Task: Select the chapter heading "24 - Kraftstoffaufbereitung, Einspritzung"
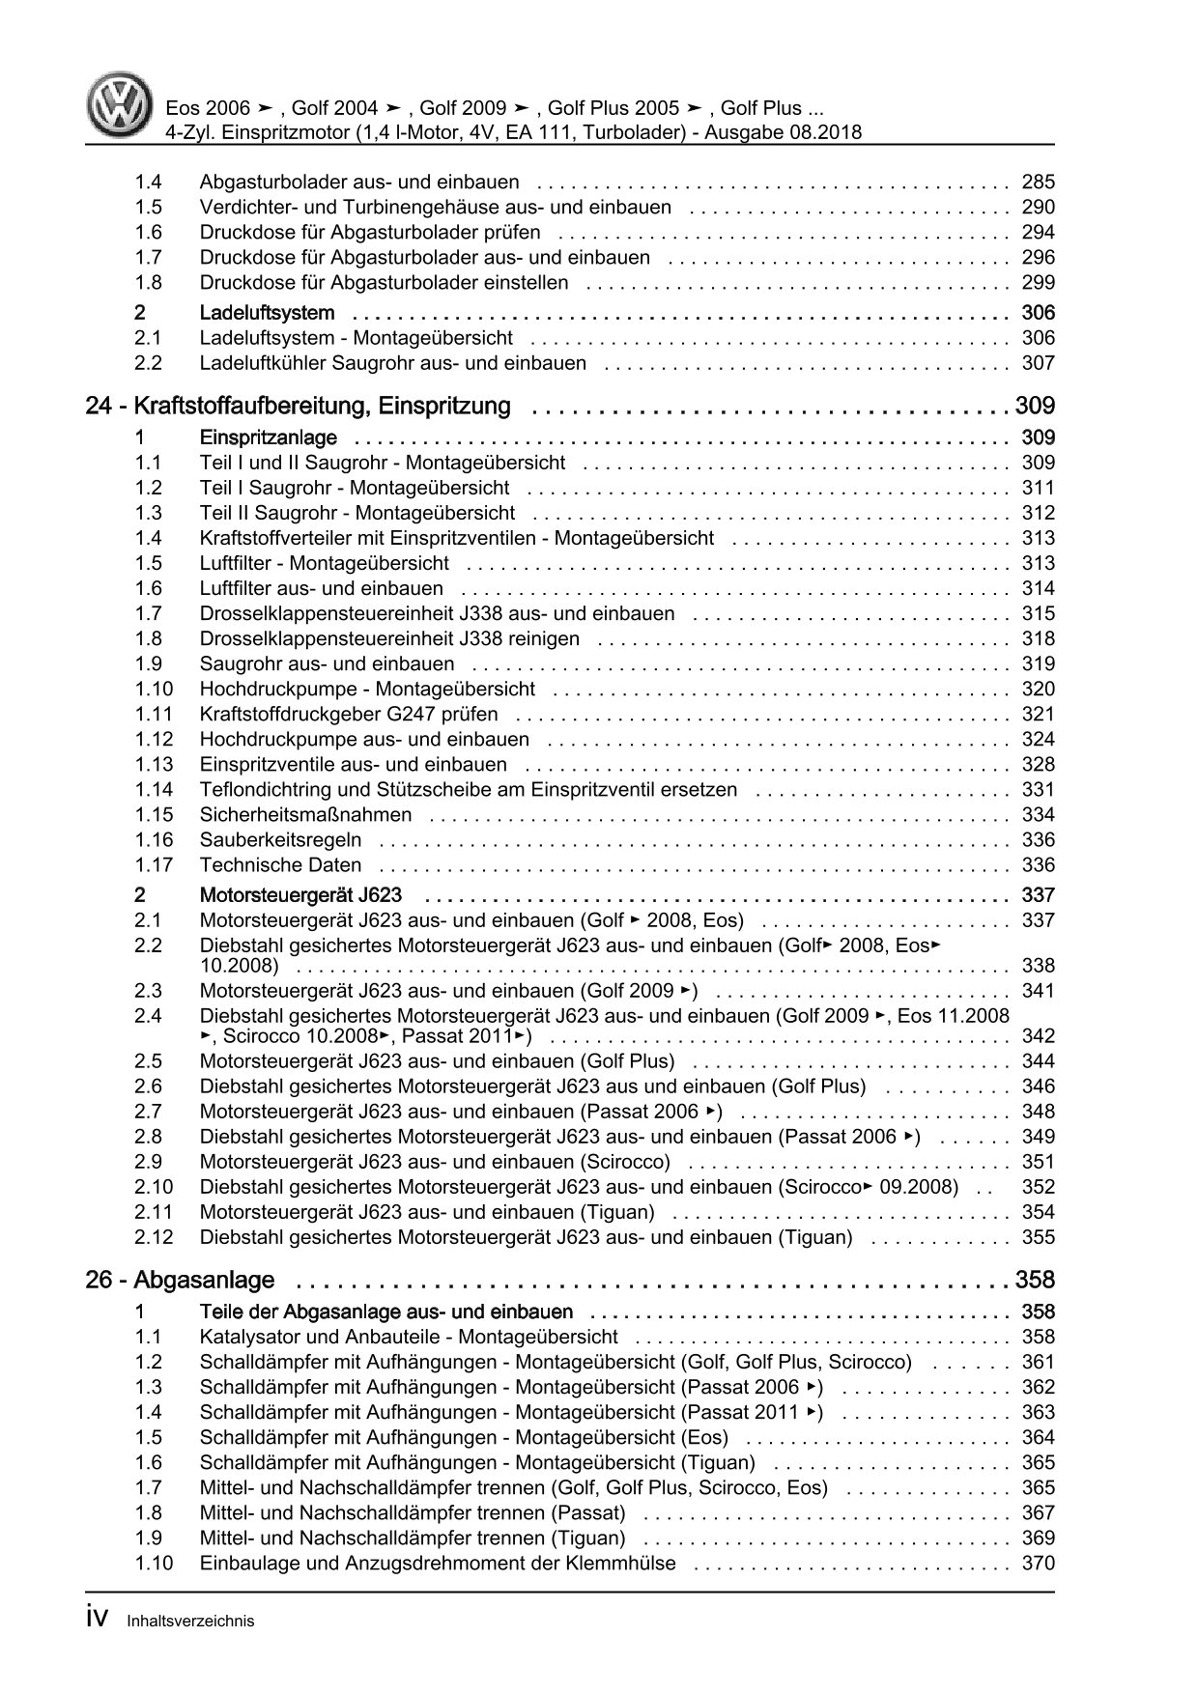click(298, 407)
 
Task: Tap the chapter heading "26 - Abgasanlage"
click(180, 1281)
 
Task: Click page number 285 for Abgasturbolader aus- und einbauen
click(1038, 182)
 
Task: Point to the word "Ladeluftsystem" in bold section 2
click(267, 313)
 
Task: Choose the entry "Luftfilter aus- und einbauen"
click(321, 588)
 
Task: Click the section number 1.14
click(154, 789)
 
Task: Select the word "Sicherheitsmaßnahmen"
click(305, 814)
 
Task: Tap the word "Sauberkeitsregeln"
click(280, 839)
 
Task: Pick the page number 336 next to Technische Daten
click(1038, 864)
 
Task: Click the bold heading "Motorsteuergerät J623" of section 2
click(300, 895)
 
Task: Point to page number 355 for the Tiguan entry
click(1038, 1237)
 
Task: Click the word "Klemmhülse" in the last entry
click(626, 1563)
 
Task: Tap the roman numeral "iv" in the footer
click(100, 1620)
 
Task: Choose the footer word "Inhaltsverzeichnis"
click(190, 1622)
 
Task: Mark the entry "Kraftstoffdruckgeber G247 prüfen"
click(349, 714)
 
